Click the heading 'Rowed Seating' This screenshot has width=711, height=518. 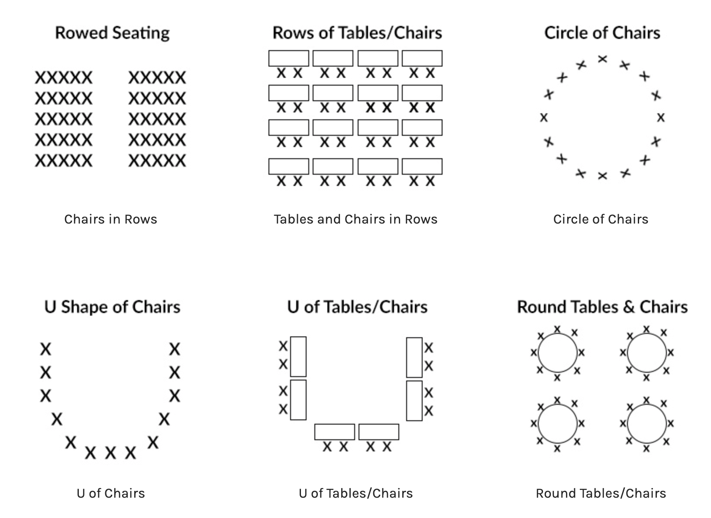[x=112, y=33]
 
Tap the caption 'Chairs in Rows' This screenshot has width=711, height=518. [x=110, y=219]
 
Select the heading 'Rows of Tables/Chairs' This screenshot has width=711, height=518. [x=357, y=33]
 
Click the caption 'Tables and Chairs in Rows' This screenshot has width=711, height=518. [x=355, y=219]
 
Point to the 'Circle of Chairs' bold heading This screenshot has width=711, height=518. [x=602, y=33]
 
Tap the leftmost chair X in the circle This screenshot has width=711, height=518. [x=544, y=117]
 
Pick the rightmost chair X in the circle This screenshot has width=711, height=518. [x=660, y=117]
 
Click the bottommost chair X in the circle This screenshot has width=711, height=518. [x=602, y=176]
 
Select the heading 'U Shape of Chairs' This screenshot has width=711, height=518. [x=112, y=307]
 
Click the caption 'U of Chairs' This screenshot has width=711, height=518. [x=110, y=493]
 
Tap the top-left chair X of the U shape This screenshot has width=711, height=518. [x=45, y=349]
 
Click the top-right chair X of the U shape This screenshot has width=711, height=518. [x=175, y=349]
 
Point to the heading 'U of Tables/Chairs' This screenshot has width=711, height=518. [x=357, y=307]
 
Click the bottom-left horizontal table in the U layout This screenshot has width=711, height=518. [x=334, y=432]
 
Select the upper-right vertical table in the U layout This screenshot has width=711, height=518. [x=414, y=357]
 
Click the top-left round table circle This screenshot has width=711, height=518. [x=558, y=353]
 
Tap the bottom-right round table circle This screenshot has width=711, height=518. [x=646, y=424]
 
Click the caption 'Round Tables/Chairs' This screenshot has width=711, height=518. [x=601, y=493]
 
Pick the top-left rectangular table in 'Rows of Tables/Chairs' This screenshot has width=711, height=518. [x=289, y=58]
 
